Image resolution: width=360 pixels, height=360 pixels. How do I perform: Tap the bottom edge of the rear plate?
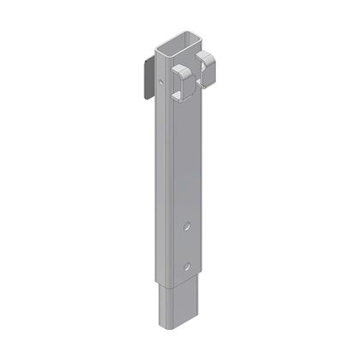(x=145, y=97)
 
